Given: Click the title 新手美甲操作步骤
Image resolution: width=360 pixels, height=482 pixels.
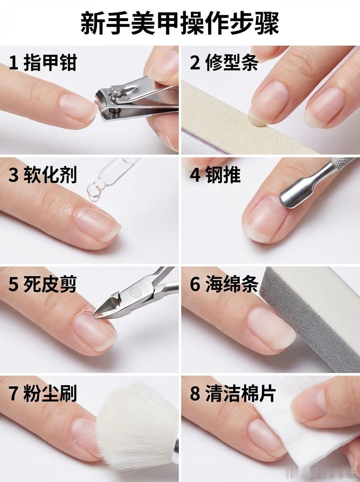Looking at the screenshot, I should [x=180, y=23].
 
